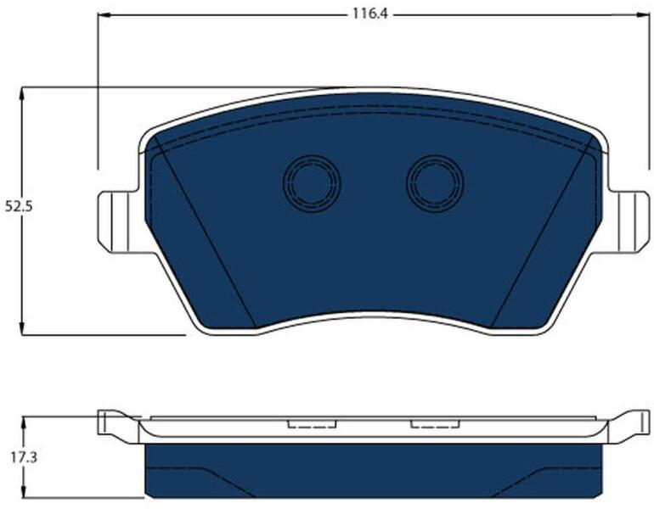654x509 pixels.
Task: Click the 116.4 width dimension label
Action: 370,14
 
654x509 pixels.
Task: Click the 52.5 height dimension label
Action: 19,207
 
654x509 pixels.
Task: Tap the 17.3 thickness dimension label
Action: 24,458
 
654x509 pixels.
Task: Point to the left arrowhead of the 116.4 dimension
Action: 103,15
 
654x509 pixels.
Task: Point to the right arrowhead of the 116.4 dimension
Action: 644,15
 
